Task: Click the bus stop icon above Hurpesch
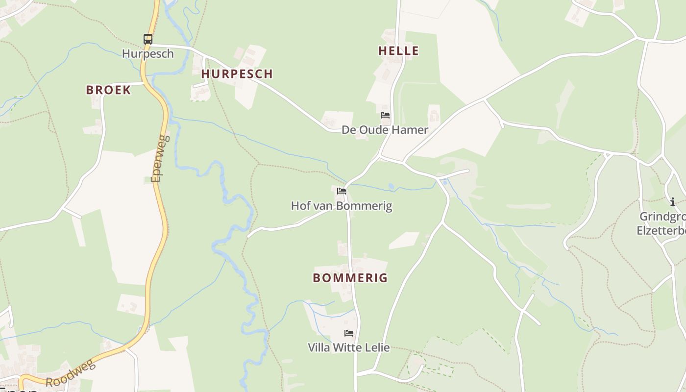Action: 147,39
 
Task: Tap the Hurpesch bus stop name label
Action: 147,53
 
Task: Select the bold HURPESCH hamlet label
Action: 237,74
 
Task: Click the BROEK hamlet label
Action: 108,90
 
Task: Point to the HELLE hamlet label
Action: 398,50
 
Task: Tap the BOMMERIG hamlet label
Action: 350,278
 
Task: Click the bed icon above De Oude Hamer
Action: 385,116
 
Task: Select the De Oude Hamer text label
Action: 385,130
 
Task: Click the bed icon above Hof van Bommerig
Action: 342,191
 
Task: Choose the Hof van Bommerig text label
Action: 342,205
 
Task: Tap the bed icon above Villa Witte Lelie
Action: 349,333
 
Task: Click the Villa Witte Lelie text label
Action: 348,347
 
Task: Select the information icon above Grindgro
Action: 672,202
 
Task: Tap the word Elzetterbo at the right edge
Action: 661,230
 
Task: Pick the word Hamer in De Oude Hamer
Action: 413,130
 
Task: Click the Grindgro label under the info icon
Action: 662,217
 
